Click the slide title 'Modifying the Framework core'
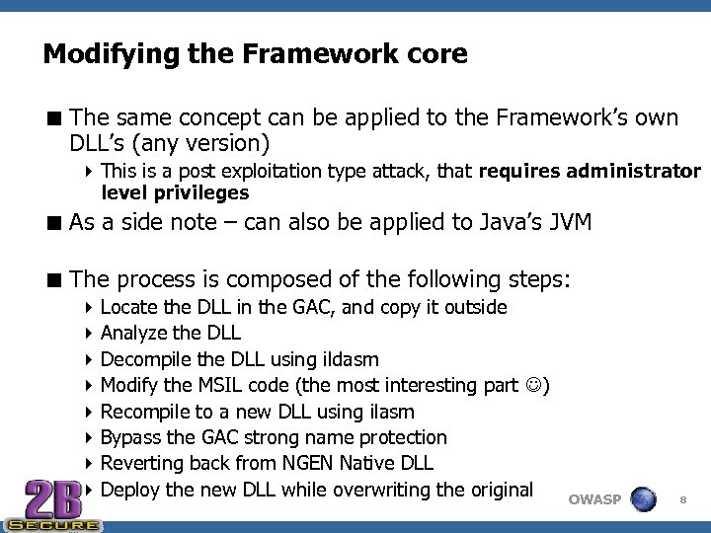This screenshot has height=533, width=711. pos(255,54)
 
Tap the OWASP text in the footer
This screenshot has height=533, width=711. pos(594,499)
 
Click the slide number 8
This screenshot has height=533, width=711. pos(682,500)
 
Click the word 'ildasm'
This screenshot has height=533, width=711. pos(351,359)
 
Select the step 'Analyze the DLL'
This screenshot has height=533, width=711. pos(170,334)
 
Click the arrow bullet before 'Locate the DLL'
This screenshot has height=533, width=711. pos(91,308)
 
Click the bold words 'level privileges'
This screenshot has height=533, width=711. pos(174,192)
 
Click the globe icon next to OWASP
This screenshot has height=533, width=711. pos(644,498)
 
